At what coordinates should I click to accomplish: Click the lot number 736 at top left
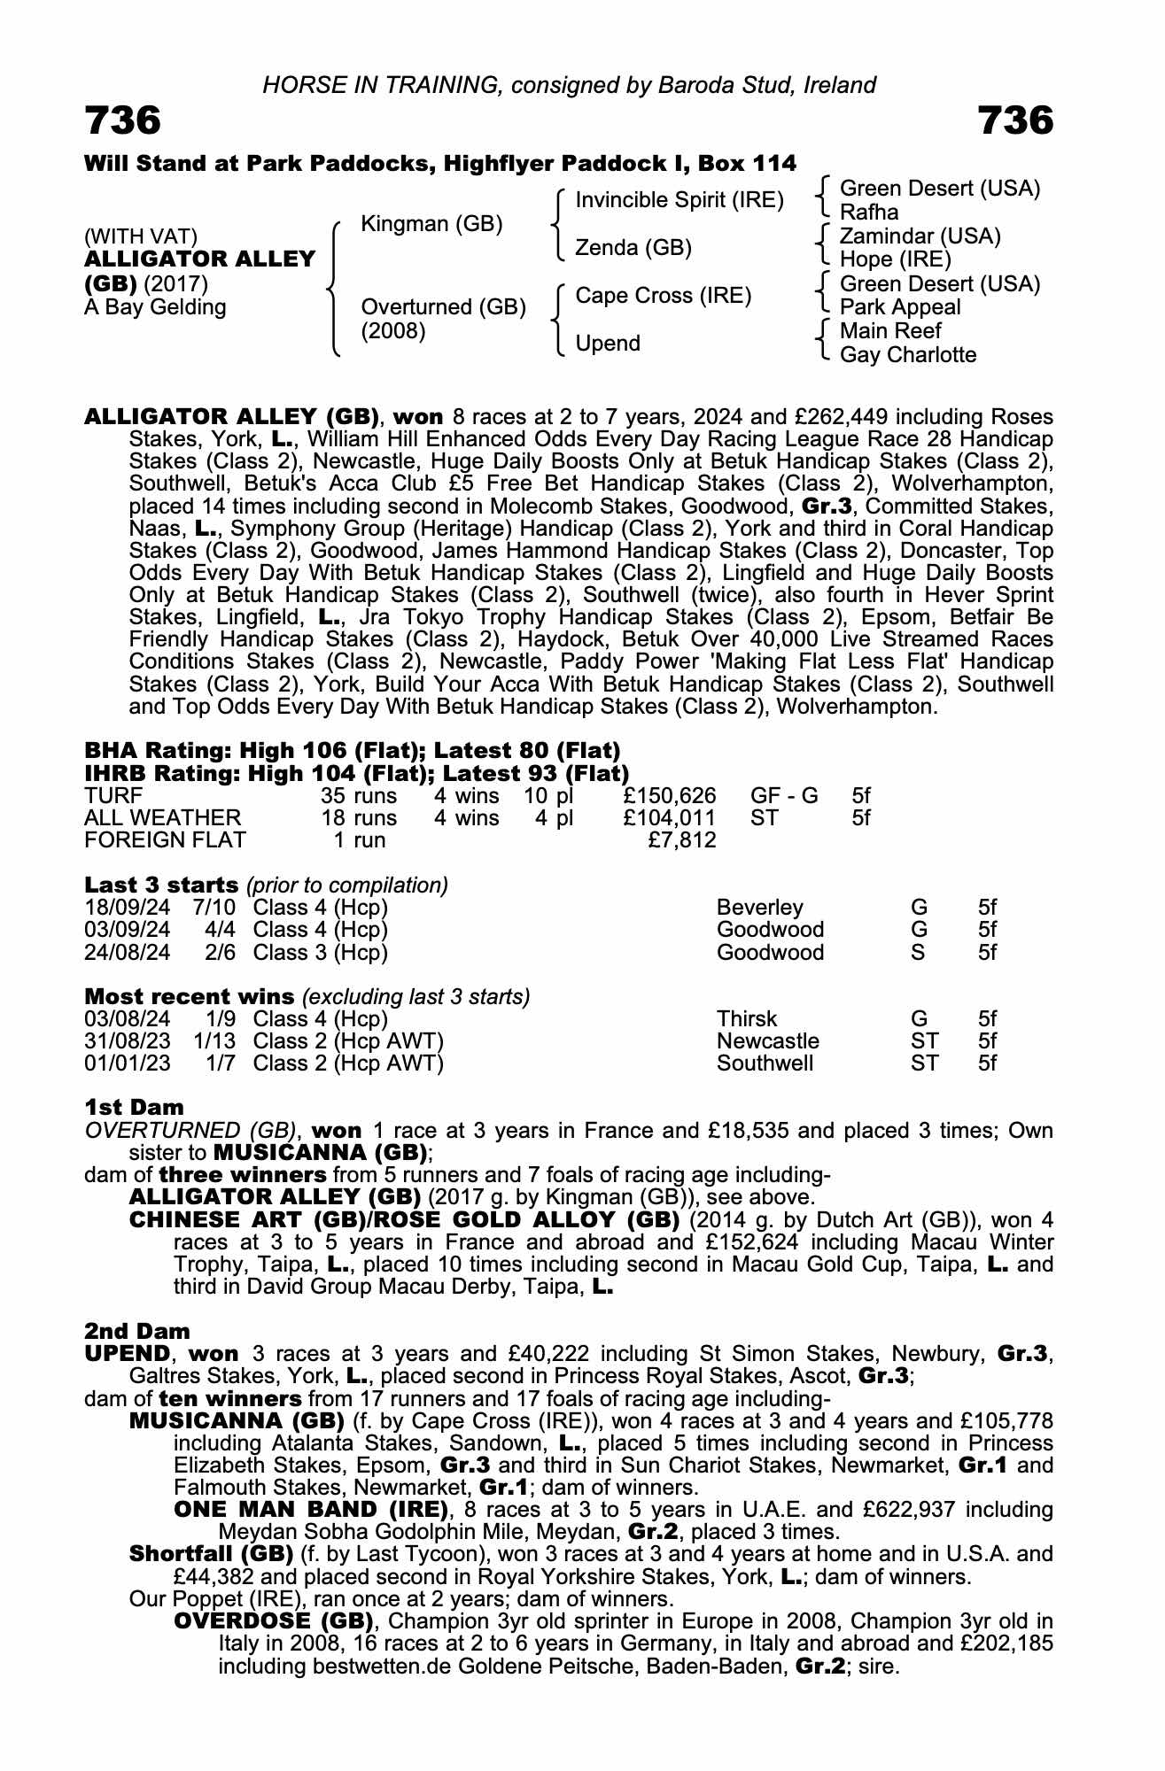click(123, 120)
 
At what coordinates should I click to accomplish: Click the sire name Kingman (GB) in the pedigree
click(431, 224)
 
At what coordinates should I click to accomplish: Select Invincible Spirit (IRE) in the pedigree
click(680, 200)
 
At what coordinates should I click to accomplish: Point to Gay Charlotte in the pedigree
click(907, 355)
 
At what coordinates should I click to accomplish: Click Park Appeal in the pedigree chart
click(899, 307)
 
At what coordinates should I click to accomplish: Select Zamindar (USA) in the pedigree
click(920, 236)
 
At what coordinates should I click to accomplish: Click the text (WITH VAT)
click(141, 236)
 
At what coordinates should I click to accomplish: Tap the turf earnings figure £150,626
click(670, 795)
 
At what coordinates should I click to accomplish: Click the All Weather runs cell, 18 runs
click(359, 817)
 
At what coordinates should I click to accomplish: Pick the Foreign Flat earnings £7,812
click(682, 839)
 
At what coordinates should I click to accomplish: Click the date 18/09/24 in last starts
click(128, 908)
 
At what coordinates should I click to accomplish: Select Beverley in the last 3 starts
click(759, 908)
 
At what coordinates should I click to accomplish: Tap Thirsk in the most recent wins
click(746, 1019)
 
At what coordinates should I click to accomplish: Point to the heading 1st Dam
click(135, 1107)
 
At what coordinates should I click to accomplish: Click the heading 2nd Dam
click(137, 1331)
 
